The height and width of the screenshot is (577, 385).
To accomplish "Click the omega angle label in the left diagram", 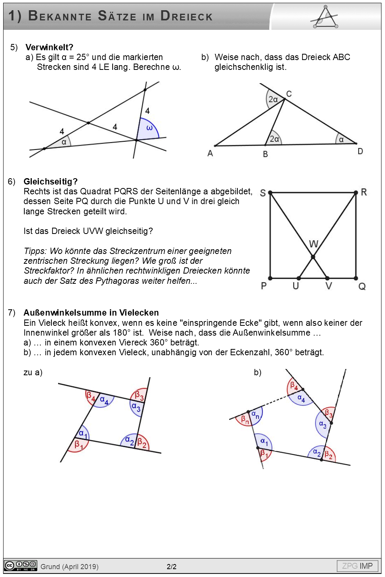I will click(x=150, y=128).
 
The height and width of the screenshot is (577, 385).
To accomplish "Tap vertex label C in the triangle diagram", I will click(x=289, y=94).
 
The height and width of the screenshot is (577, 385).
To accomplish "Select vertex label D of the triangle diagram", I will click(x=360, y=151).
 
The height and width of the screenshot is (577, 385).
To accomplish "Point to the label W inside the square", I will click(x=314, y=244).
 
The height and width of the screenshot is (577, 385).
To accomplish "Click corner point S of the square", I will click(x=270, y=193).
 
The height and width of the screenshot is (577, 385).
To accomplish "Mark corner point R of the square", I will click(x=356, y=192).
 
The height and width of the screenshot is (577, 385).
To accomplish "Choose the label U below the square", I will click(x=296, y=286).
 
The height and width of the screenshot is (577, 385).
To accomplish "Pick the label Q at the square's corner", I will click(x=362, y=286).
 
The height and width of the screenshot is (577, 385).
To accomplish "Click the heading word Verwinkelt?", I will click(x=49, y=47).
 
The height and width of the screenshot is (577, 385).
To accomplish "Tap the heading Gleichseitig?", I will click(x=51, y=181).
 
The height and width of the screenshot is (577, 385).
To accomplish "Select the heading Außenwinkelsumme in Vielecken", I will click(x=91, y=312).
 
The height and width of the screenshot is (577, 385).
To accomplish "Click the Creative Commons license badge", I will click(x=20, y=566).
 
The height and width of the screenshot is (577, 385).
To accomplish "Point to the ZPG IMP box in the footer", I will click(x=357, y=566).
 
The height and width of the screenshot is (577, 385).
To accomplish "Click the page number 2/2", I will click(x=172, y=566).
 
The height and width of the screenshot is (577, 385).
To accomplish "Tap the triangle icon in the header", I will click(x=325, y=17).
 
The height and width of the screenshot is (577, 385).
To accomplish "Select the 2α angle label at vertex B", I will click(x=274, y=139).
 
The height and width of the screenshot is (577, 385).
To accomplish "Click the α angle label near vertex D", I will click(x=341, y=139).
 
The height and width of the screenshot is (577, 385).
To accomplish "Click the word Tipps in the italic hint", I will click(x=35, y=251).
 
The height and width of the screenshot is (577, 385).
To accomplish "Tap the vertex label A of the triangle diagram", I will click(x=210, y=153).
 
